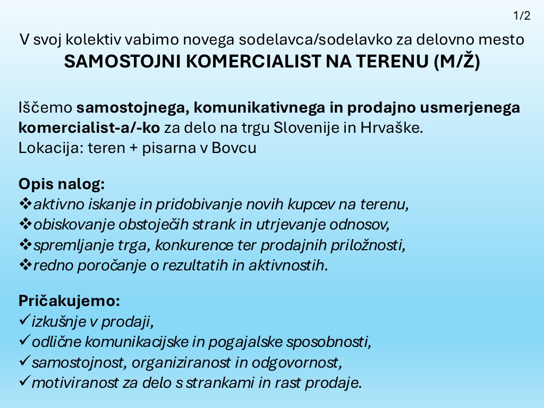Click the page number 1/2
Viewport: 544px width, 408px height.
[x=522, y=16]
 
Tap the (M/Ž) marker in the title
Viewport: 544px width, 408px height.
[x=457, y=62]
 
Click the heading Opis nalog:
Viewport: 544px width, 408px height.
[x=62, y=184]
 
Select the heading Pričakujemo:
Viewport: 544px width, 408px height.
[x=70, y=301]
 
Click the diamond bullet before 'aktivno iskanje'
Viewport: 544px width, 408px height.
[x=25, y=204]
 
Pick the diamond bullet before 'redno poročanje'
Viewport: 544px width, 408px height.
[x=25, y=265]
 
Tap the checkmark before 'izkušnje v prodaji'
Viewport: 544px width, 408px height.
[x=24, y=321]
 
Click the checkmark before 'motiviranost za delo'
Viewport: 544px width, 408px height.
[x=24, y=382]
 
